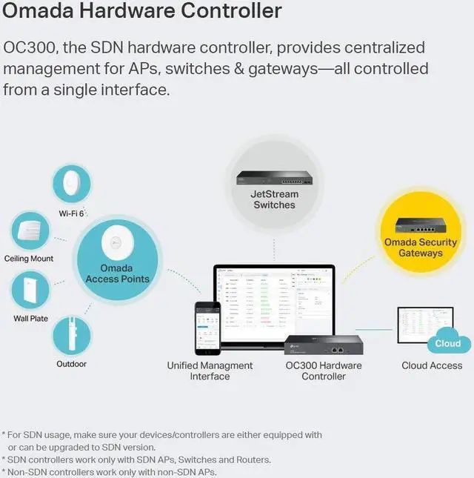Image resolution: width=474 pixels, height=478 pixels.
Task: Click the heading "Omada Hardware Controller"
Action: (x=143, y=12)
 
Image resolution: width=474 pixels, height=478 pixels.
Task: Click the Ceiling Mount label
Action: (x=29, y=259)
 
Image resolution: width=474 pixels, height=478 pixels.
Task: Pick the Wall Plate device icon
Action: (x=30, y=291)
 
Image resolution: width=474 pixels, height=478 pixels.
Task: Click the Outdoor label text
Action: (x=72, y=364)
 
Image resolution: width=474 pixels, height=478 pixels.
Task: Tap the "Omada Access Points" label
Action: (x=117, y=273)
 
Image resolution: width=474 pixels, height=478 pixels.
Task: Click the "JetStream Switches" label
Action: (x=274, y=199)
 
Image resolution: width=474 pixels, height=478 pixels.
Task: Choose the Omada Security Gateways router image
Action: (x=421, y=225)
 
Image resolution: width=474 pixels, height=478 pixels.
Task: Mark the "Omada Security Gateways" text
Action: (x=421, y=248)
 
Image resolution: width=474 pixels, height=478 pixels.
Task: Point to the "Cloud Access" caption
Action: (x=432, y=365)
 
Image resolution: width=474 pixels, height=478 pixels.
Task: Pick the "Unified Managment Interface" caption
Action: (x=210, y=371)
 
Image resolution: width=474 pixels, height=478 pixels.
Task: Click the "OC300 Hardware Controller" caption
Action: (x=324, y=371)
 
